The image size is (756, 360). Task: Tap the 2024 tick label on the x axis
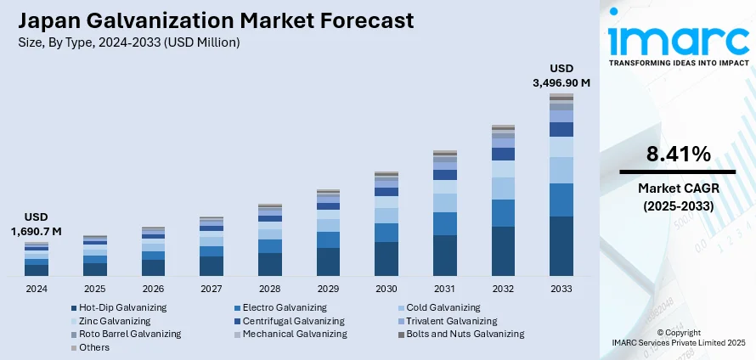(36, 289)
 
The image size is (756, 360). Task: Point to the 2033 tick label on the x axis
(561, 289)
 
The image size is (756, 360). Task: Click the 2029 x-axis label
(328, 289)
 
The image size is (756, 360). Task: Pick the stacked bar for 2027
(212, 247)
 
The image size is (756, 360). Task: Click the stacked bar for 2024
(37, 260)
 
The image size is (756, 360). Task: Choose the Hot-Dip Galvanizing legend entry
(122, 307)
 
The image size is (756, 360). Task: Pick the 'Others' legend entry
(93, 348)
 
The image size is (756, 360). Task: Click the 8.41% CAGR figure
(678, 154)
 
